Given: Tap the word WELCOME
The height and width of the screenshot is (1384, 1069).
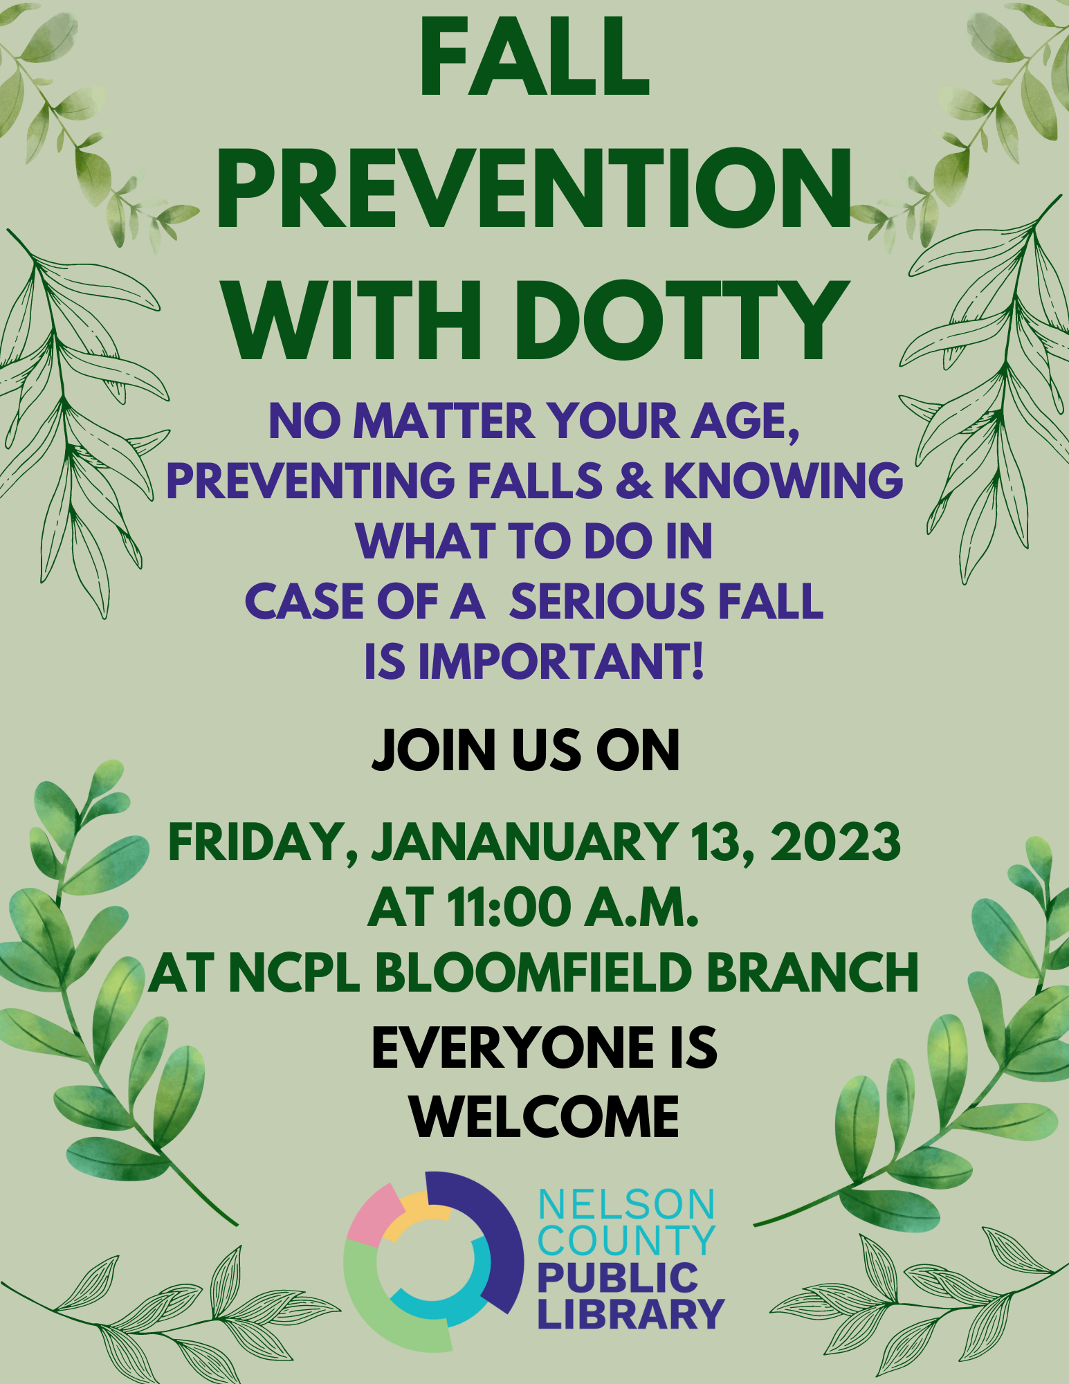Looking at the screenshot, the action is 546,1116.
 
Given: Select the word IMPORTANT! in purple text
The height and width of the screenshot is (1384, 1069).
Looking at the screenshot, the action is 562,662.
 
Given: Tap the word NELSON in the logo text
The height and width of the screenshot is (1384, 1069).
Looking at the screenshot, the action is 627,1205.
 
